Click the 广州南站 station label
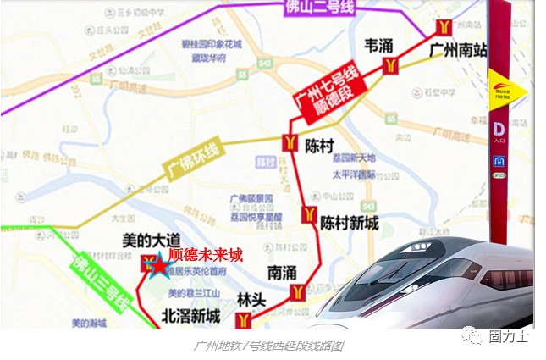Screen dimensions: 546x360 458,50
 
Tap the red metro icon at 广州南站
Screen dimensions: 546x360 443,28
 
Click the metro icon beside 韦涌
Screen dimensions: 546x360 390,65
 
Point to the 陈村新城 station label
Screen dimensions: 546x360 349,222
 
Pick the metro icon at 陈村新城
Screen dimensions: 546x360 309,213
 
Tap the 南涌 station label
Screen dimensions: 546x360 281,273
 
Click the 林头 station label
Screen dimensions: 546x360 251,300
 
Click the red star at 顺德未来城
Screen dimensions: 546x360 158,267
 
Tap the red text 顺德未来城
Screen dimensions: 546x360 205,253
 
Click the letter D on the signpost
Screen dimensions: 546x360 499,129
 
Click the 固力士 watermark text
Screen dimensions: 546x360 509,336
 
